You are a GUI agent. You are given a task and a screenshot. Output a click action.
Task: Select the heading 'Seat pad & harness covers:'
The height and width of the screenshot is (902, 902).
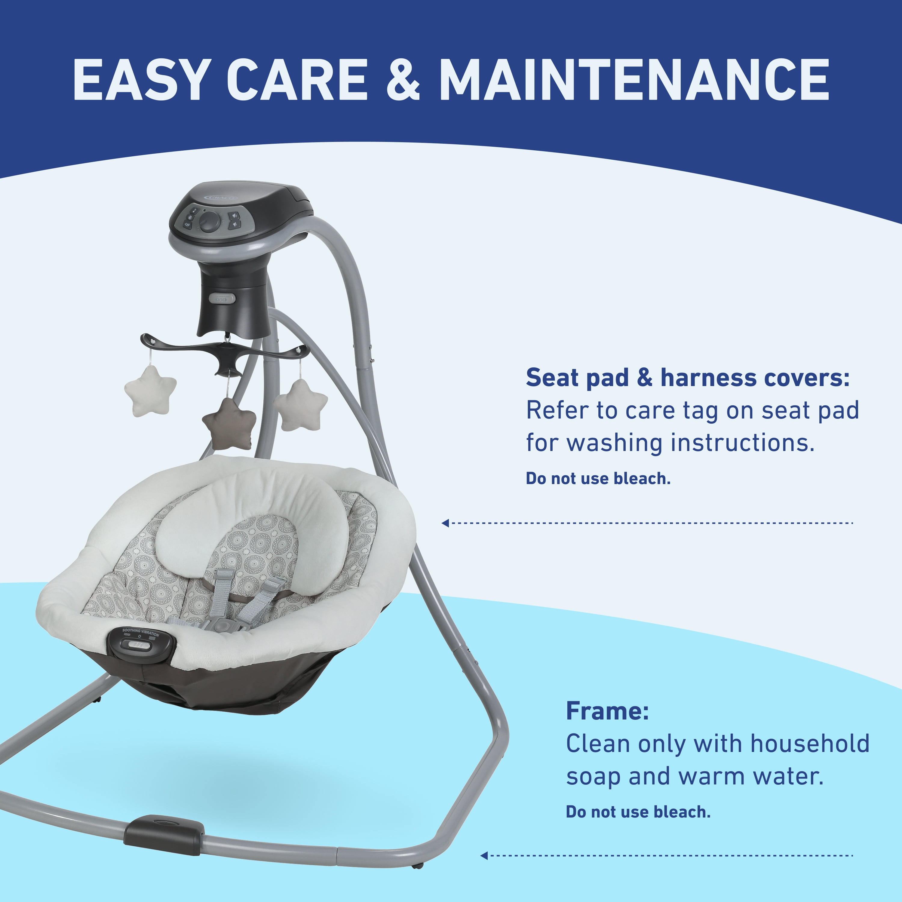coord(688,377)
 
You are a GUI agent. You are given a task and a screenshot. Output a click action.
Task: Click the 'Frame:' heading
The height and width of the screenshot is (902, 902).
coord(607,711)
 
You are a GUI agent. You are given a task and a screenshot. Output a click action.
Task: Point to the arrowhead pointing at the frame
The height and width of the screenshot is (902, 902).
coord(484,855)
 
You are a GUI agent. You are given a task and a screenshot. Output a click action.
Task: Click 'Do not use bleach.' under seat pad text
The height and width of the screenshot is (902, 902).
coord(598,479)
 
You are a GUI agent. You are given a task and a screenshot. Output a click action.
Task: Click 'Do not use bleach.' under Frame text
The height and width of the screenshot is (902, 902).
coord(638,812)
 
